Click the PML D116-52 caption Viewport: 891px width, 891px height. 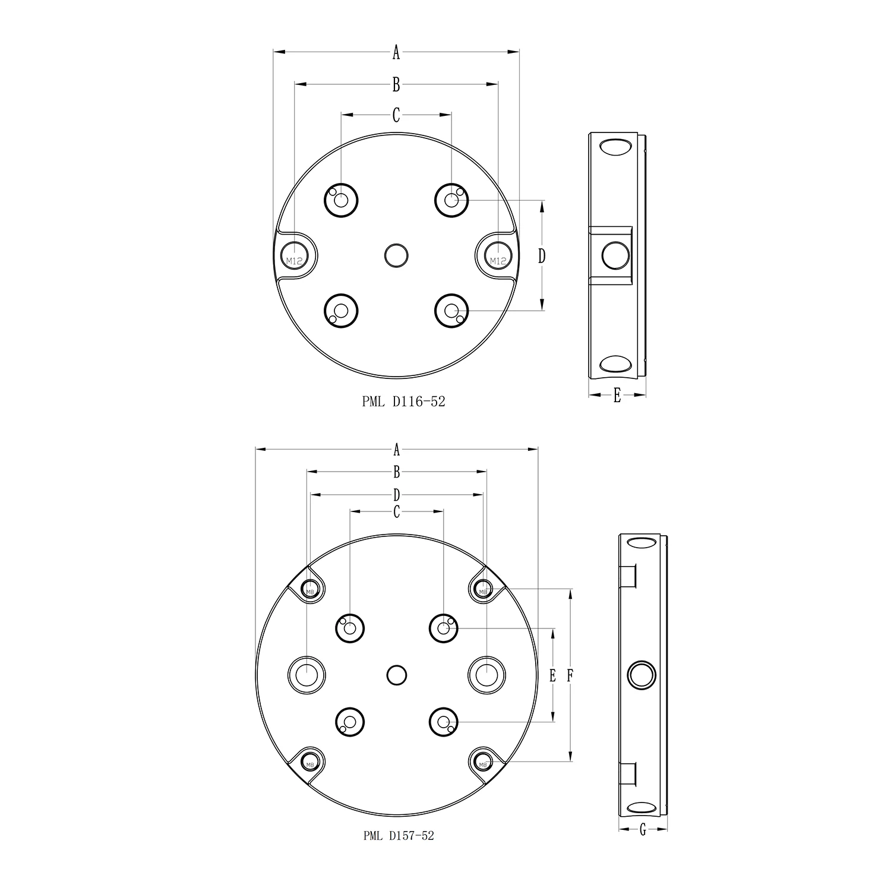pyautogui.click(x=403, y=402)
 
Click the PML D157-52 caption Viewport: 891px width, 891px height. pyautogui.click(x=399, y=836)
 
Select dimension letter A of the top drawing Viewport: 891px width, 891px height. pyautogui.click(x=396, y=53)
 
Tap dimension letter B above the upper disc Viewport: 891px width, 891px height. pyautogui.click(x=396, y=85)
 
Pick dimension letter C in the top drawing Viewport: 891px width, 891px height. pyautogui.click(x=396, y=115)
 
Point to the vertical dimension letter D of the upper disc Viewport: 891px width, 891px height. pyautogui.click(x=542, y=255)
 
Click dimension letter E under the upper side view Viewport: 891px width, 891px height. pyautogui.click(x=617, y=395)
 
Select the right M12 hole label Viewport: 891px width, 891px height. pyautogui.click(x=498, y=260)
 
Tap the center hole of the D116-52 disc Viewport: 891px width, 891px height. pyautogui.click(x=396, y=255)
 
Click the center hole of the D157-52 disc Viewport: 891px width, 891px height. pyautogui.click(x=396, y=675)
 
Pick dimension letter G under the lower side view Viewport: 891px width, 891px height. pyautogui.click(x=643, y=830)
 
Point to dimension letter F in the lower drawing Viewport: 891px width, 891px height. pyautogui.click(x=570, y=675)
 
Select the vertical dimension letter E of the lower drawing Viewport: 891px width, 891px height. pyautogui.click(x=553, y=675)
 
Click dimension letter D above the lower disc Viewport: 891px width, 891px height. pyautogui.click(x=397, y=494)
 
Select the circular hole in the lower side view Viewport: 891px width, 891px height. pyautogui.click(x=642, y=675)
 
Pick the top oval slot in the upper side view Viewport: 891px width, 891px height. pyautogui.click(x=616, y=147)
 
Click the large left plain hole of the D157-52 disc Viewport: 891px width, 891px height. pyautogui.click(x=307, y=675)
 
